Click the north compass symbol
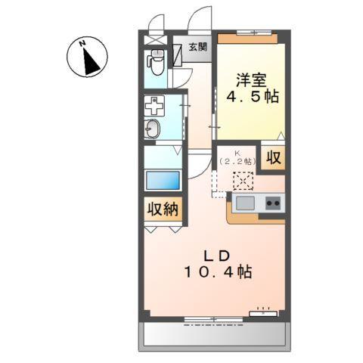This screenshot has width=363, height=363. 89,57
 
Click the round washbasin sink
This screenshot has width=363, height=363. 152,129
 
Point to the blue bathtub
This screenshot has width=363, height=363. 163,181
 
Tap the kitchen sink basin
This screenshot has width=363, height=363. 245,203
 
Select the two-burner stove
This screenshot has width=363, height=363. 271,203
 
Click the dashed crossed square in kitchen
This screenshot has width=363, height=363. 244,181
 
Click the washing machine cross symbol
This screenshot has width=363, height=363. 154,107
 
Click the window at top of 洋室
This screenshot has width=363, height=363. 247,33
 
